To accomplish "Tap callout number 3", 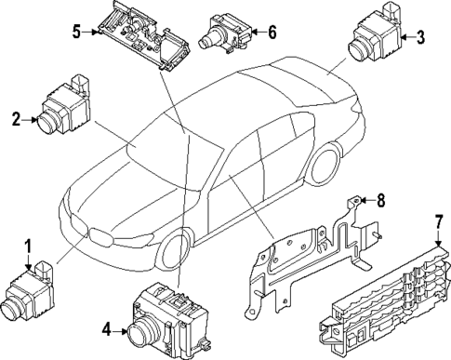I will pyautogui.click(x=421, y=37).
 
